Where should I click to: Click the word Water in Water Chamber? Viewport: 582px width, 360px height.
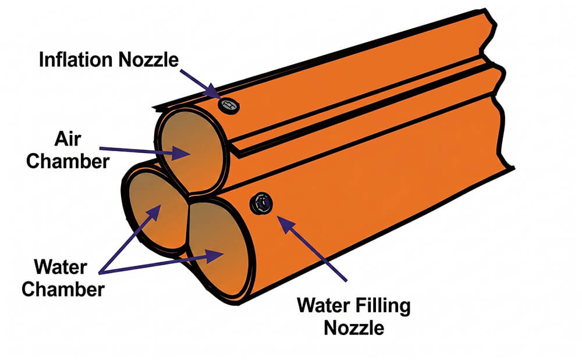coord(61,268)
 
